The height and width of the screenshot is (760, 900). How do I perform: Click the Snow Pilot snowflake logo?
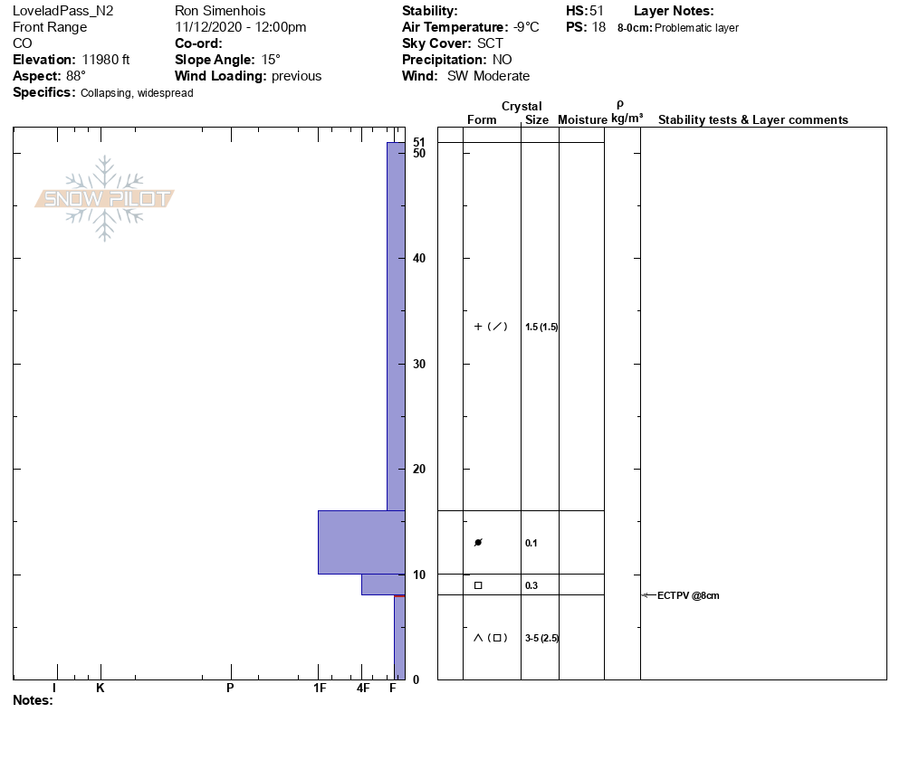[104, 198]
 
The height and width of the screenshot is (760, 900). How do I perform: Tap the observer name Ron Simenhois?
[220, 11]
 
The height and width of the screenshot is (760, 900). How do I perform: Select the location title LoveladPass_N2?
[63, 11]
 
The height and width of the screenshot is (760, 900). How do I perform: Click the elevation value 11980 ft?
[106, 60]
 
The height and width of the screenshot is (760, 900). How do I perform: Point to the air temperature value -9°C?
[526, 27]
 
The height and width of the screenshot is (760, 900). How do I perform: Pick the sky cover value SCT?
[490, 43]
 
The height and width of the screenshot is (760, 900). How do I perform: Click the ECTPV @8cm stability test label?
[687, 595]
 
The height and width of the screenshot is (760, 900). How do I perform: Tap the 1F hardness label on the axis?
[320, 688]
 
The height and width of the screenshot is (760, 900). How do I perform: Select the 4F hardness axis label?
[363, 688]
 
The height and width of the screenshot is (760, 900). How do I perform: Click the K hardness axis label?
[100, 688]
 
